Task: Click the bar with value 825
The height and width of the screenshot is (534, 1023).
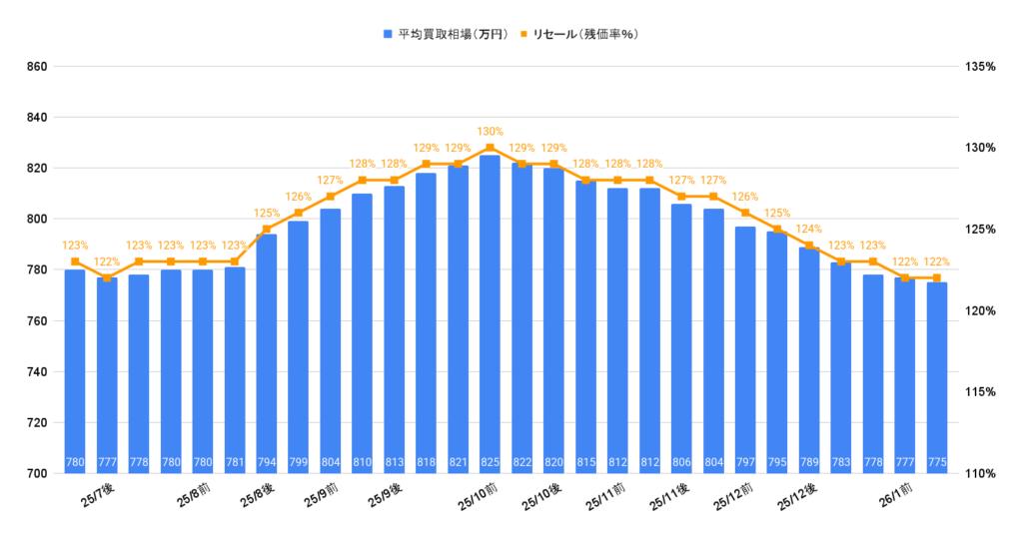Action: [490, 313]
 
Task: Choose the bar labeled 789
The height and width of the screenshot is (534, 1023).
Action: [809, 359]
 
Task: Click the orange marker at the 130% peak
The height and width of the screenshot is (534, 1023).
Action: [490, 148]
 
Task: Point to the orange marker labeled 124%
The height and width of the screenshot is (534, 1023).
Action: [809, 246]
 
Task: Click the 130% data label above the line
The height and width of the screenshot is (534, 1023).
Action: [490, 132]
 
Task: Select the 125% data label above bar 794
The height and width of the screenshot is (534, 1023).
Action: [267, 213]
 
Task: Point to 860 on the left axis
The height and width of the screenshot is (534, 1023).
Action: [37, 67]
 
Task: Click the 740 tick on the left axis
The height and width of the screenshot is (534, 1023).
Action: [37, 371]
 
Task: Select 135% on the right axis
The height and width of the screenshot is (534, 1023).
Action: [980, 67]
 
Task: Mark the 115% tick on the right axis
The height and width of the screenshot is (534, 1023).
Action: [980, 392]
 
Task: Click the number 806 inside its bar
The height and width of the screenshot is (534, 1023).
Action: [681, 462]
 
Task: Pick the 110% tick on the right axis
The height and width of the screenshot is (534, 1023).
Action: [980, 473]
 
